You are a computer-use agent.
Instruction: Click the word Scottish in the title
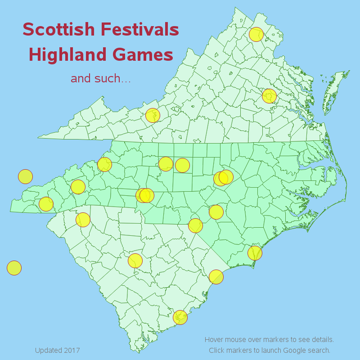(x=59, y=30)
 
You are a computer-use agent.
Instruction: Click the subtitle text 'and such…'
(x=101, y=79)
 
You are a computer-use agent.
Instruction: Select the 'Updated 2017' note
(x=57, y=350)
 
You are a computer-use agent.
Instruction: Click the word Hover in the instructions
(x=214, y=339)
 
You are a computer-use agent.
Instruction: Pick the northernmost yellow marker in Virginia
(x=256, y=34)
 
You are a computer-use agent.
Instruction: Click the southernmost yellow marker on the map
(x=180, y=317)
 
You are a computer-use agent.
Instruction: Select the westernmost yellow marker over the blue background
(x=14, y=268)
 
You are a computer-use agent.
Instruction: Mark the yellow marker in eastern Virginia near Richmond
(x=269, y=96)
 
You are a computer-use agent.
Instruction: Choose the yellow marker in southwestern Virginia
(x=153, y=115)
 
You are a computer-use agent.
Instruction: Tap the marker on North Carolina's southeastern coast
(x=255, y=253)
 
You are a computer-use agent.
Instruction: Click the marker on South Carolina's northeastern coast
(x=216, y=277)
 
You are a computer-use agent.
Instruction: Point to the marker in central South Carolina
(x=135, y=261)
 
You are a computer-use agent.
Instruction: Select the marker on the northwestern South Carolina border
(x=83, y=220)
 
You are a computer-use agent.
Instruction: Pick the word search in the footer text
(x=319, y=350)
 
